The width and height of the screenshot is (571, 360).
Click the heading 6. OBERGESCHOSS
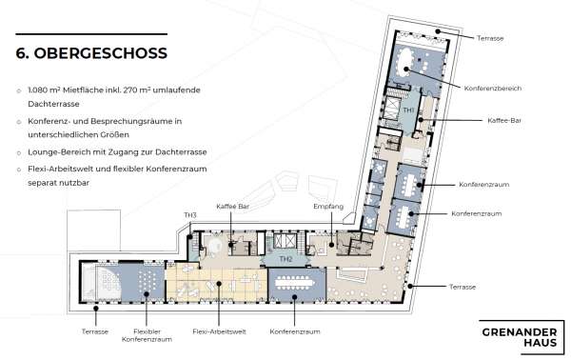[x=91, y=53]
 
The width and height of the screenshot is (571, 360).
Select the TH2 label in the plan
[x=285, y=258]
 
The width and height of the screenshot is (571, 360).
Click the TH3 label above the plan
[x=190, y=216]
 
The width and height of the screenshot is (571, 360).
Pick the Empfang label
[x=328, y=207]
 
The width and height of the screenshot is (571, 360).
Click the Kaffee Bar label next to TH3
[x=232, y=207]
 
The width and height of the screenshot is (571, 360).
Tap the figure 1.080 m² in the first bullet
[x=49, y=93]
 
